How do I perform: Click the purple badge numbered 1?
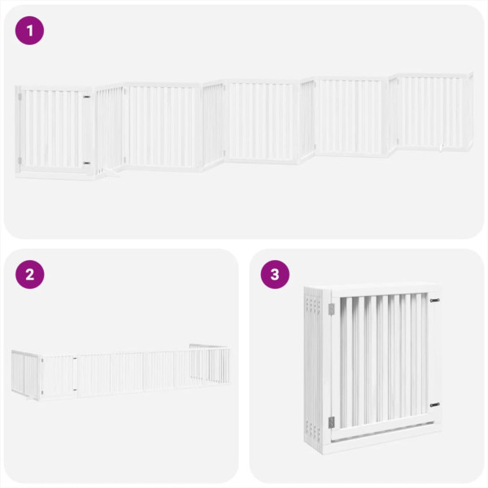[29, 31]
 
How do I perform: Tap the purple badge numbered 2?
[29, 274]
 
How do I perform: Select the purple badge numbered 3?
[275, 274]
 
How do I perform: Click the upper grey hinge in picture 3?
[331, 309]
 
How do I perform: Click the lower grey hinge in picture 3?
[331, 421]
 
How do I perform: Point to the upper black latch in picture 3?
[435, 299]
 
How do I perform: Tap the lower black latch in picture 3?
[435, 404]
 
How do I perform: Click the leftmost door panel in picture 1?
[53, 130]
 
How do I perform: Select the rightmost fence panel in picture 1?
[434, 112]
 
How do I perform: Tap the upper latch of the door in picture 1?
[87, 98]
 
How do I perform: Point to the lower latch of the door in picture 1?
[87, 163]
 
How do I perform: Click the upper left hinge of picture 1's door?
[20, 98]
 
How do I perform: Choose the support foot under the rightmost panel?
[440, 147]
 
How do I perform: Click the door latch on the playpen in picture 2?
[74, 359]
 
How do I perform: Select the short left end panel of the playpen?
[26, 373]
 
